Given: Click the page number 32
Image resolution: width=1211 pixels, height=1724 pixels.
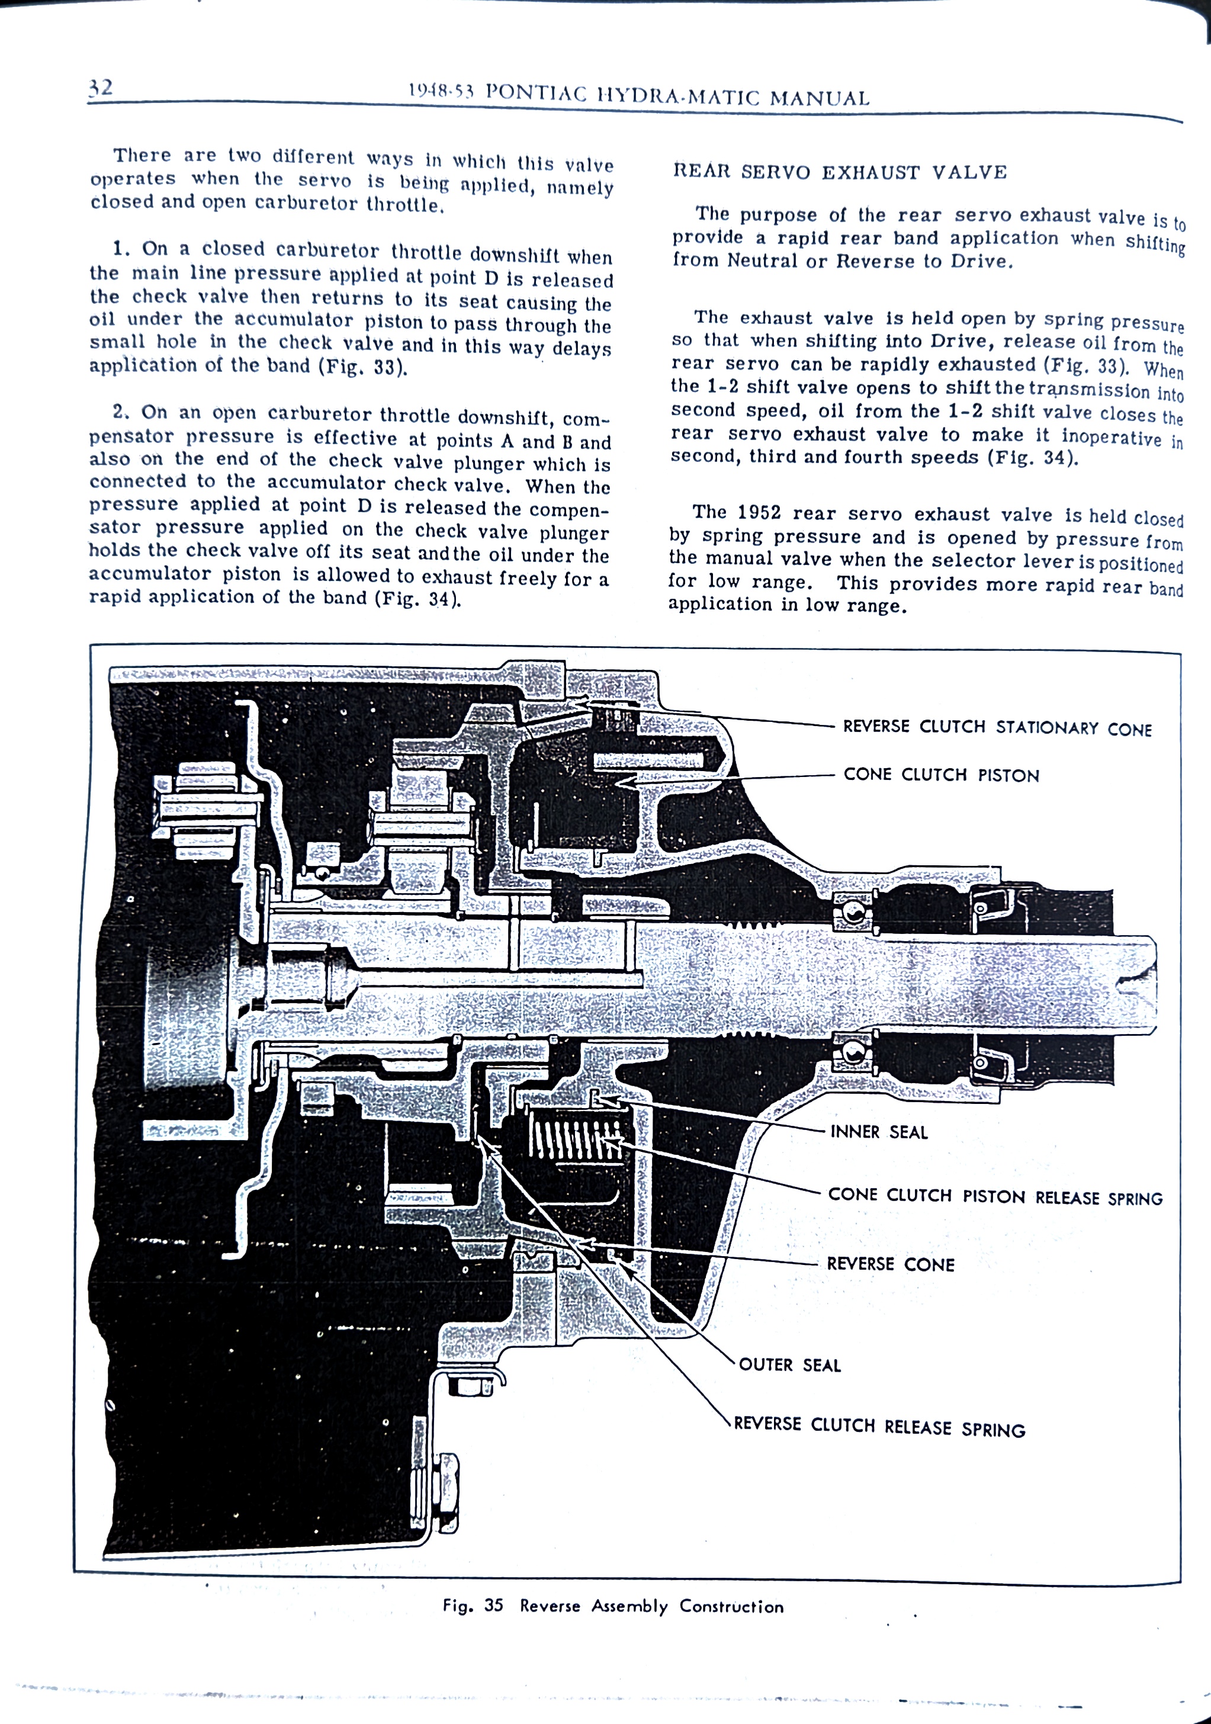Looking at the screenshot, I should pos(101,88).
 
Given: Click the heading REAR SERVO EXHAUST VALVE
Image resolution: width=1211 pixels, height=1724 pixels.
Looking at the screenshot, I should pos(839,172).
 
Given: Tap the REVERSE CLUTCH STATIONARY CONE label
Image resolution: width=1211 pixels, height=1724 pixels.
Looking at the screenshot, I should pos(996,728).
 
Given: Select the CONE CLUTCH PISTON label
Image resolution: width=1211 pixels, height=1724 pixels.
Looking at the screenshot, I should pos(941,775).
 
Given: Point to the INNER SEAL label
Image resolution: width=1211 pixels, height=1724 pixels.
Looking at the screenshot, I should pos(878,1132).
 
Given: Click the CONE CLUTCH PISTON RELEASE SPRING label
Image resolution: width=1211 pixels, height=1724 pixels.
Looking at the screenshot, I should pos(995,1196).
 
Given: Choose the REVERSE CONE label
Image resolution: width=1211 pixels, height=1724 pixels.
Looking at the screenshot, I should pos(891,1264).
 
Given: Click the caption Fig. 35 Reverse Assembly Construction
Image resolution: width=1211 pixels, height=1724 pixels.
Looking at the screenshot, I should pos(613,1606).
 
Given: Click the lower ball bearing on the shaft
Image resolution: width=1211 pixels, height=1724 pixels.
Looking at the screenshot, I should pos(852,1052).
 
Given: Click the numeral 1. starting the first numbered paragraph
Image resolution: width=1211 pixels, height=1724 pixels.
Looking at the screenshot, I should pos(121,249).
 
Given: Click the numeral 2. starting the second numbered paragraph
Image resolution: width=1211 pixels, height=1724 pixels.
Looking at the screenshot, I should pos(121,412).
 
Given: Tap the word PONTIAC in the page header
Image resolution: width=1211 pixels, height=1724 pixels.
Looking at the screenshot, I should pos(536,93).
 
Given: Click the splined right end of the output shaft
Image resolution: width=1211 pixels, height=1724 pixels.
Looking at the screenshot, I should pos(1138,984).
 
